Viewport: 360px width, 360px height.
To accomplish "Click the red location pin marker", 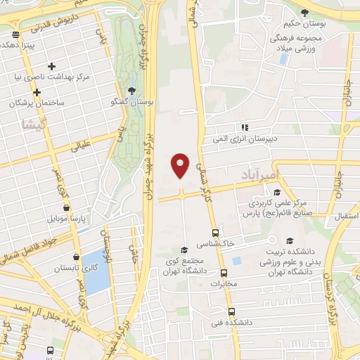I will pyautogui.click(x=181, y=164).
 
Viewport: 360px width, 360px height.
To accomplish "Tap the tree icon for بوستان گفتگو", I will pyautogui.click(x=132, y=90).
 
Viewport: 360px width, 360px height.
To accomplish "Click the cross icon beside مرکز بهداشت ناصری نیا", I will pyautogui.click(x=51, y=66).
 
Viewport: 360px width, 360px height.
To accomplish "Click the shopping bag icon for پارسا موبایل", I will pyautogui.click(x=66, y=208).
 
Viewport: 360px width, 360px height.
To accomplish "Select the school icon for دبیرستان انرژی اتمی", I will pyautogui.click(x=245, y=127).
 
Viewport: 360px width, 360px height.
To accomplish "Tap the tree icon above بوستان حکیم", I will pyautogui.click(x=304, y=13).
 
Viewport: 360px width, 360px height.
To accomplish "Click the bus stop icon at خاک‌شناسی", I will pyautogui.click(x=215, y=233).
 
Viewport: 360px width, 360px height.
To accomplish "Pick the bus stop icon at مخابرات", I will pyautogui.click(x=224, y=273).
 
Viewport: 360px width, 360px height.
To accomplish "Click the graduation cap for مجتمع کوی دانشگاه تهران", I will pyautogui.click(x=184, y=249).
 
